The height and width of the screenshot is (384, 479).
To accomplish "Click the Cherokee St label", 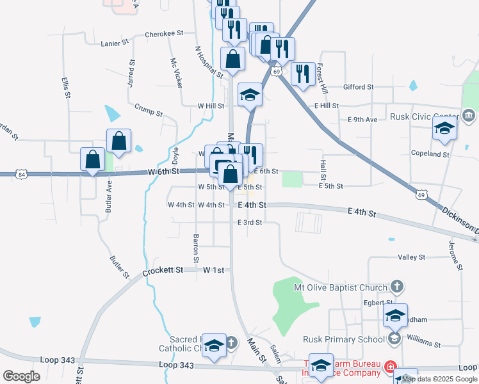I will (165, 33).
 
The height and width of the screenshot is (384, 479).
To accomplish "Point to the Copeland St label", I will (430, 154).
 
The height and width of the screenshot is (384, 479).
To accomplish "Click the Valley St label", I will (412, 257).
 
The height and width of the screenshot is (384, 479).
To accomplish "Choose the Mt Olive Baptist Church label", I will (341, 287).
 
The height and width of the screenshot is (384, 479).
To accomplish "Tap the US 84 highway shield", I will (23, 174).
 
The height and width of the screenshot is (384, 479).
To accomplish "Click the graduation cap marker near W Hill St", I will (250, 95).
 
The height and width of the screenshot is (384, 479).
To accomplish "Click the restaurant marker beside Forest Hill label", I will (303, 73).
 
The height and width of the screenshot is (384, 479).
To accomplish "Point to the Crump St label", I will (149, 111).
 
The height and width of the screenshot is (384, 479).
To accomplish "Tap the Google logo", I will (20, 376).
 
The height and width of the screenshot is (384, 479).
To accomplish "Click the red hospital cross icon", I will (390, 367).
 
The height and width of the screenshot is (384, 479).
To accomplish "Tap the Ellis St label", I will (65, 87).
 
